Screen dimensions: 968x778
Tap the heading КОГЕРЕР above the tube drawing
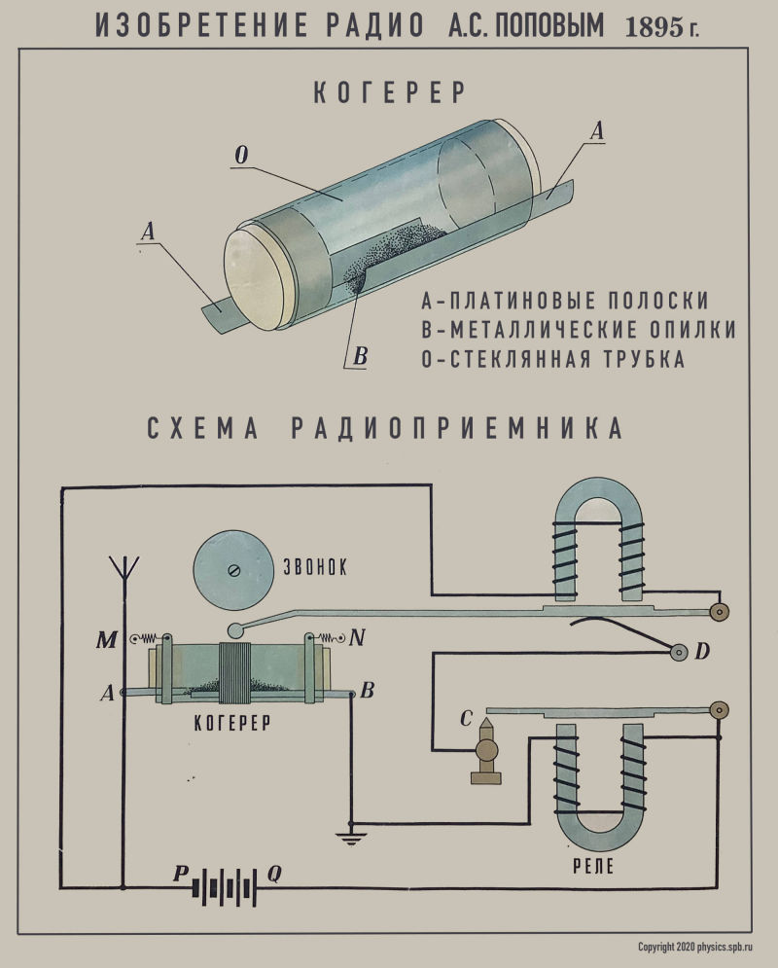[390, 93]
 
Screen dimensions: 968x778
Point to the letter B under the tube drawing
[359, 357]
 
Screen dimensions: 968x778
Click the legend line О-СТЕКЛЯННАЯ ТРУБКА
[553, 358]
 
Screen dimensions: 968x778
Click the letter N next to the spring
[357, 638]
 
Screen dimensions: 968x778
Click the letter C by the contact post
[466, 719]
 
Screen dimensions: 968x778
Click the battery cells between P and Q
[227, 886]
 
